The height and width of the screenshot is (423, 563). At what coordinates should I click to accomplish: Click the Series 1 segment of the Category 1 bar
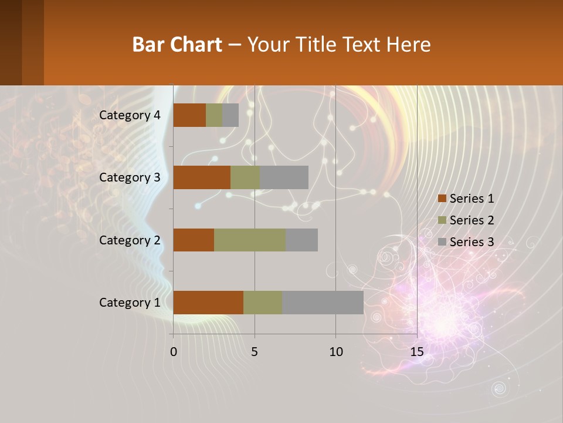tap(208, 303)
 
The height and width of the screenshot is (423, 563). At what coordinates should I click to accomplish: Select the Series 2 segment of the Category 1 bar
tap(263, 303)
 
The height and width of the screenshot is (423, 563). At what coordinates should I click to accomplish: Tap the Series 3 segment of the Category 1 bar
tap(323, 303)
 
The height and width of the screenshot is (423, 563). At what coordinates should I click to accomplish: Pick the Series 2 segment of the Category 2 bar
tap(250, 240)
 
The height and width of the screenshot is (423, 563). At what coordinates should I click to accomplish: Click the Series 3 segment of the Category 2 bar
tap(301, 240)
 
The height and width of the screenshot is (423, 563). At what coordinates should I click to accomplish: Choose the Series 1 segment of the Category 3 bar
tap(202, 177)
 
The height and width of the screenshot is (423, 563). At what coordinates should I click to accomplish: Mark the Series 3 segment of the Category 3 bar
tap(284, 177)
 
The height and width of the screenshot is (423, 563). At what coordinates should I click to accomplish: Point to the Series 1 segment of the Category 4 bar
tap(189, 115)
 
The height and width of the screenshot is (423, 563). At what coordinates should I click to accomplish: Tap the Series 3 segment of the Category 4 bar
tap(230, 115)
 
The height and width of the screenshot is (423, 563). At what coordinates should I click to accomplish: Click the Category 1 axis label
tap(130, 303)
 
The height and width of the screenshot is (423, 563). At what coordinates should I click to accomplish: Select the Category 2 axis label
tap(130, 240)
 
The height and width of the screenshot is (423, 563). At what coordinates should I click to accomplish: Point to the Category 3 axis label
tap(130, 177)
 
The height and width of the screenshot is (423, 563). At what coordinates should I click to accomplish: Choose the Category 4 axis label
tap(130, 115)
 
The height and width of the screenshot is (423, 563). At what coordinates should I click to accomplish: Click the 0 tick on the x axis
tap(174, 352)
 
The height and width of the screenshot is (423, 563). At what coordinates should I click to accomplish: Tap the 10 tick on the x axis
tap(335, 352)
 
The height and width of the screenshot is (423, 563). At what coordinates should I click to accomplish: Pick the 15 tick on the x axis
tap(416, 352)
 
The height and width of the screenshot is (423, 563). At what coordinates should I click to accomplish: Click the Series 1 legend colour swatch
tap(442, 199)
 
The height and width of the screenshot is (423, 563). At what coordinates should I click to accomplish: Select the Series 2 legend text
tap(472, 220)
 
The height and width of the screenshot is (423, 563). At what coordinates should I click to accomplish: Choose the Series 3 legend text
tap(472, 242)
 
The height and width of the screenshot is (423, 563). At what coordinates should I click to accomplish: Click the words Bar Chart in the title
tap(177, 45)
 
